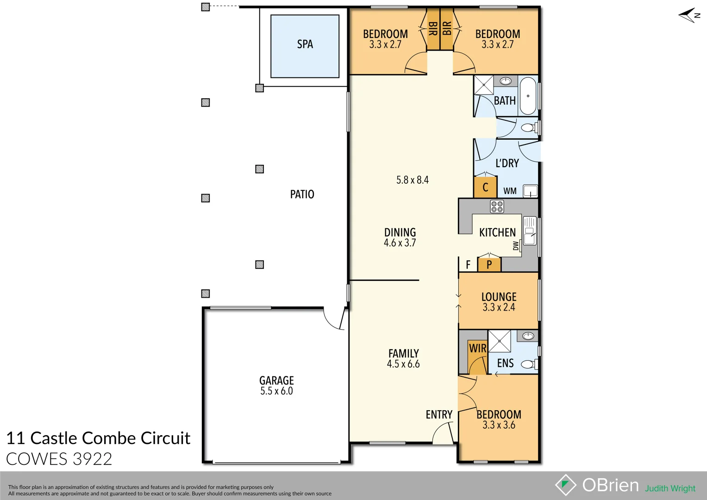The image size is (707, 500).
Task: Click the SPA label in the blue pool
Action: [305, 44]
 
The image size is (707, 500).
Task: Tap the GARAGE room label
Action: [276, 381]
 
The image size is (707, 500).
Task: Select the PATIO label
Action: [302, 194]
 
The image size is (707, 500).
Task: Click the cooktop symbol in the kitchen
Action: [497, 206]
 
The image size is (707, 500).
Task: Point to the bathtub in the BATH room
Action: [528, 96]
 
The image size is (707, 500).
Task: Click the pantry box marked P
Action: [489, 265]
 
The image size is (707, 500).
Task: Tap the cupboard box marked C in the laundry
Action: [485, 187]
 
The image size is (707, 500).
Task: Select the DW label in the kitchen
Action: [516, 246]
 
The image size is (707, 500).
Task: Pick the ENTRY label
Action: [439, 415]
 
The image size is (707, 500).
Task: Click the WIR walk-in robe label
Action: [477, 348]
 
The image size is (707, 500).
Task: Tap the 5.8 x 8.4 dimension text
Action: [412, 180]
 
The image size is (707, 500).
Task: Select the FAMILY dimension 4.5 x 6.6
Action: [403, 364]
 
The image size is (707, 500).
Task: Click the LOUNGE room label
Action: [499, 297]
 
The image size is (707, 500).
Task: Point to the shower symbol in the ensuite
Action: [500, 341]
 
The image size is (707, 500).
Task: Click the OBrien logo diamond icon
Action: [565, 485]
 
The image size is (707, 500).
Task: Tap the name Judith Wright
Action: [670, 488]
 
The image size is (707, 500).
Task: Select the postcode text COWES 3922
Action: [59, 459]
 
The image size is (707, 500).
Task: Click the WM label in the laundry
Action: [510, 191]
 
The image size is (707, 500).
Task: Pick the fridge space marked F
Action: [468, 265]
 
